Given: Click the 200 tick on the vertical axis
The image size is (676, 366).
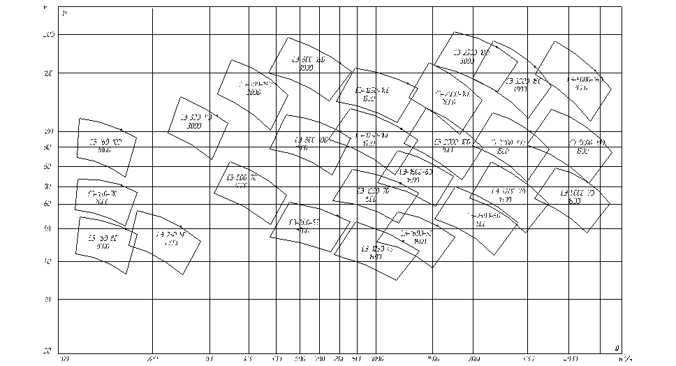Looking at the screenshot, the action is point(50,34).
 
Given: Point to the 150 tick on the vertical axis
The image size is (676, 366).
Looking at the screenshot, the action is point(50,73).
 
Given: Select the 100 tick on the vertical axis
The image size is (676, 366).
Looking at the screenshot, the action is point(50,131).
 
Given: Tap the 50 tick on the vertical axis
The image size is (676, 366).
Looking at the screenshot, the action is point(50,228).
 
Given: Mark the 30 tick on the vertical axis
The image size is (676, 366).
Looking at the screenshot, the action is point(50,300).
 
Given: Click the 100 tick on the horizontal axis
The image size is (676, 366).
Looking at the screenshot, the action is point(64,359).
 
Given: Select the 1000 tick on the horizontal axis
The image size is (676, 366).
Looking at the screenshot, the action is point(378,359).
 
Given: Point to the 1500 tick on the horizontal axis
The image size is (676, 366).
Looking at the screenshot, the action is point(433,359).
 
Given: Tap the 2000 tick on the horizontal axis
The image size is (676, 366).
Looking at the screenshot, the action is point(474,359).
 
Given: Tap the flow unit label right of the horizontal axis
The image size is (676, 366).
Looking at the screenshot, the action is point(626,359).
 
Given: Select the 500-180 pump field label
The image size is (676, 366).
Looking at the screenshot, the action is point(309,60).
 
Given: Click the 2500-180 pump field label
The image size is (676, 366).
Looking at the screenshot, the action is point(471,52).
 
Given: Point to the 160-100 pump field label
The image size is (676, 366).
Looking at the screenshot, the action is point(105,142).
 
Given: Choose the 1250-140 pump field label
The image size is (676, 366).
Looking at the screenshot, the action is point(372,91).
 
